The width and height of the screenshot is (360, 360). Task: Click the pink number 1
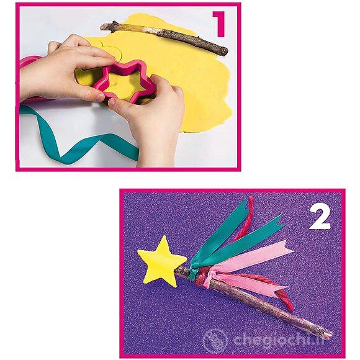(x=218, y=24)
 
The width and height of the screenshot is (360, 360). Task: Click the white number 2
(x=320, y=217)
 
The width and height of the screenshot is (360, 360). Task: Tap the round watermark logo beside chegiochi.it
(x=215, y=340)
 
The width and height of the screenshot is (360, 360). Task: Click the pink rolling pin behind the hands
(x=29, y=63)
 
